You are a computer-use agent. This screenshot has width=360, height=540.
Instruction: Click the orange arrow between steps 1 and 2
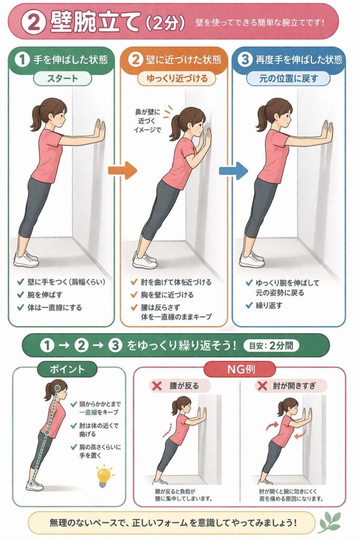coord(122,170)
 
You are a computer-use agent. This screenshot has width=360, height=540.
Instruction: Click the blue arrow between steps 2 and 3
coord(233,170)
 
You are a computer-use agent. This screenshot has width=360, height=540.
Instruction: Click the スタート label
coord(62,79)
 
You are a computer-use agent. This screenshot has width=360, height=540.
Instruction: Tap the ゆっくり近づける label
coord(177,79)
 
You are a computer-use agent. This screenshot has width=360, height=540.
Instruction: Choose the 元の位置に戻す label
coord(288,79)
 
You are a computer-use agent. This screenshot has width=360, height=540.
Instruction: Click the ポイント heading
coord(67,369)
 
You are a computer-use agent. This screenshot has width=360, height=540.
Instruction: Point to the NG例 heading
coord(240,370)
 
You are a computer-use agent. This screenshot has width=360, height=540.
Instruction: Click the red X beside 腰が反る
coord(157,385)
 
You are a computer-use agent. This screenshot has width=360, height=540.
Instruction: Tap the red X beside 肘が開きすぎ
coord(262,385)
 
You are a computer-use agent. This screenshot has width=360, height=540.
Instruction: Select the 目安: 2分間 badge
coord(271,345)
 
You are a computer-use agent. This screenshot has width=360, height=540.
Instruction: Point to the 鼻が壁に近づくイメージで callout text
coord(147,121)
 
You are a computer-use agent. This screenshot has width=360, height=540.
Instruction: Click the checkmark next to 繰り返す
coord(249,305)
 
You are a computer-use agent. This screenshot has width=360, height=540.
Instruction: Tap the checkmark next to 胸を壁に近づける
coord(134,294)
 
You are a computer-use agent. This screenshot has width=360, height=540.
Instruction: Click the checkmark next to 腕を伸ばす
coord(21,294)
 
